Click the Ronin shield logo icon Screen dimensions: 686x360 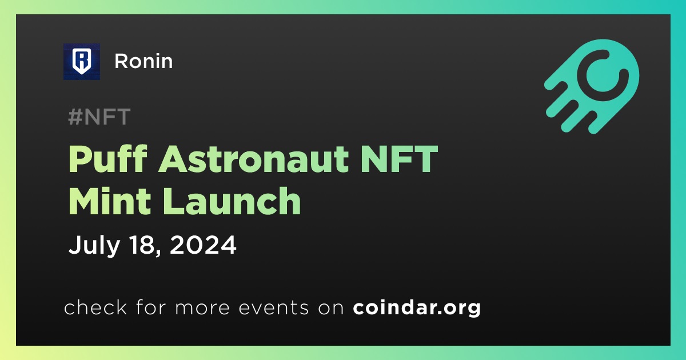(x=81, y=62)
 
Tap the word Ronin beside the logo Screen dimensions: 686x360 (x=143, y=61)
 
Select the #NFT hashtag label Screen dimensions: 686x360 (x=99, y=117)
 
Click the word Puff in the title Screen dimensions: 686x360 (x=108, y=159)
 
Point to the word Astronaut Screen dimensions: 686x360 (x=254, y=159)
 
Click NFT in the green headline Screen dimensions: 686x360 (x=399, y=159)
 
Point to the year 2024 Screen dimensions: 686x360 (x=203, y=245)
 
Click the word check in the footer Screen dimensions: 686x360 (x=95, y=307)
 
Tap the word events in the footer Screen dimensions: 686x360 (x=273, y=307)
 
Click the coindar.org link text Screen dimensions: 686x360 (x=417, y=307)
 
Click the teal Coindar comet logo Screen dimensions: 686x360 (x=592, y=86)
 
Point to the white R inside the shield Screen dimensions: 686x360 (x=81, y=60)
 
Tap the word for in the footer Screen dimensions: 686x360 (x=151, y=307)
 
